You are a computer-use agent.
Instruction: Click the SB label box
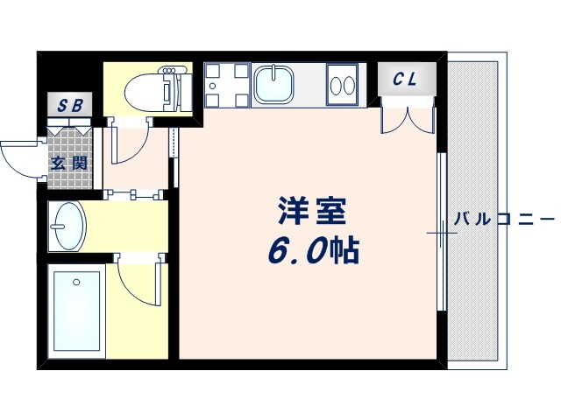click(x=69, y=106)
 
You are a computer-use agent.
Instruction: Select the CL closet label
click(x=404, y=80)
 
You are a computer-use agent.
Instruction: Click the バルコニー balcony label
click(x=503, y=218)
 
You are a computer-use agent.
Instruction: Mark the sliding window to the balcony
click(x=441, y=232)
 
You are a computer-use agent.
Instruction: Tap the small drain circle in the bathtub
click(x=75, y=282)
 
